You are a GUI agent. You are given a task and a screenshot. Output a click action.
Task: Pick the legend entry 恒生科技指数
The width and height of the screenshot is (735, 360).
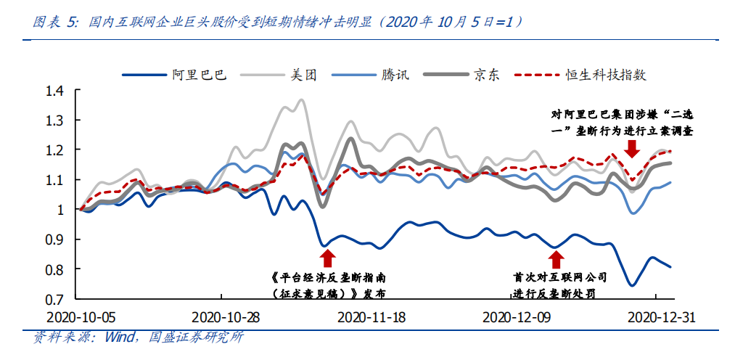point(605,75)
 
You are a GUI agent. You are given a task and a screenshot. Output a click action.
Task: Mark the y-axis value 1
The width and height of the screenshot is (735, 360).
point(61,210)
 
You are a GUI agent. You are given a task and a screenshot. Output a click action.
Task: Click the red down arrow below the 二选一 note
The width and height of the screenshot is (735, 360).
point(632,148)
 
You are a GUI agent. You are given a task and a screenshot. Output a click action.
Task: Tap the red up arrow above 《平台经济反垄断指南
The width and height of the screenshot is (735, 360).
point(328,258)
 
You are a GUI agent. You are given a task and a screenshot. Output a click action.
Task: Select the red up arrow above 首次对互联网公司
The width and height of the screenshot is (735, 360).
point(556,259)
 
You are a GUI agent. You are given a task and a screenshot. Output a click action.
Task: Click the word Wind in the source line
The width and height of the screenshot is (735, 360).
point(120,337)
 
